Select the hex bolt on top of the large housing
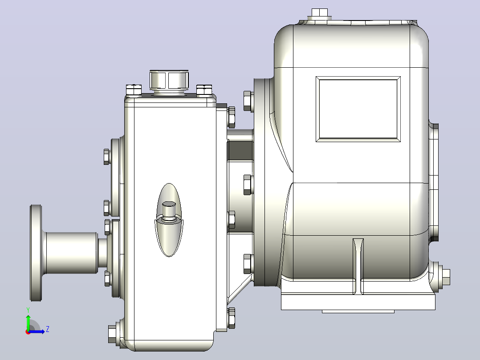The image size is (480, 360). (320, 13)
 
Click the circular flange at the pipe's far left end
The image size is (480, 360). (36, 253)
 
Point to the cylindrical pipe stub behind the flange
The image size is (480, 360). (72, 253)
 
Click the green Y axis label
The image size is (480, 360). (28, 310)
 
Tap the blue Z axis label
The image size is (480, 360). (48, 329)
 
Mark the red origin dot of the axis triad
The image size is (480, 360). (28, 332)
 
